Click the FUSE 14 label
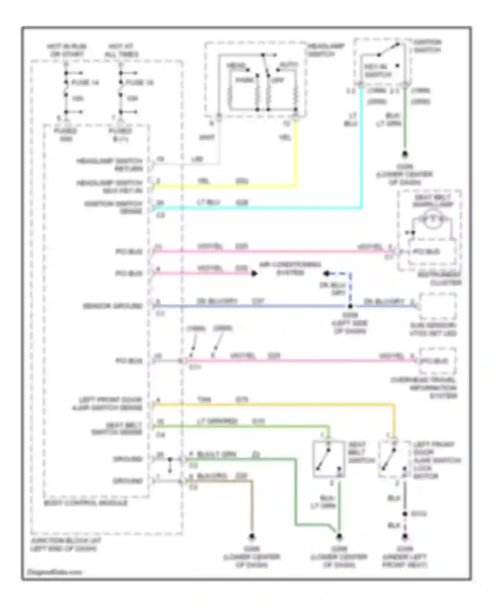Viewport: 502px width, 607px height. pyautogui.click(x=85, y=83)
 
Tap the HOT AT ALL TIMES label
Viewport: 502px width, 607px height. pyautogui.click(x=121, y=50)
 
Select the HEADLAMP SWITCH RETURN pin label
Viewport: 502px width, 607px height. pyautogui.click(x=109, y=165)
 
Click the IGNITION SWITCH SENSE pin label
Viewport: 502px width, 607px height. pyautogui.click(x=113, y=207)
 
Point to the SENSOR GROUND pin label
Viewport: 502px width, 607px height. pyautogui.click(x=113, y=306)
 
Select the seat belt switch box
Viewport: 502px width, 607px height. pyautogui.click(x=328, y=459)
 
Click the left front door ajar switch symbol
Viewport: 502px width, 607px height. pyautogui.click(x=394, y=458)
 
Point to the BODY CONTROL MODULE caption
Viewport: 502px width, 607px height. pyautogui.click(x=86, y=503)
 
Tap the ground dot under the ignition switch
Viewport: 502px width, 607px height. pyautogui.click(x=405, y=154)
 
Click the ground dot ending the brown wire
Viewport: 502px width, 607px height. pyautogui.click(x=252, y=537)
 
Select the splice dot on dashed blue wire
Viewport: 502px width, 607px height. pyautogui.click(x=350, y=306)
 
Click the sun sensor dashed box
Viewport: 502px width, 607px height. pyautogui.click(x=437, y=307)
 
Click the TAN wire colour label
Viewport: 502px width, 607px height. pyautogui.click(x=204, y=400)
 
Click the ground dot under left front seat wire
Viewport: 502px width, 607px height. pyautogui.click(x=405, y=537)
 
